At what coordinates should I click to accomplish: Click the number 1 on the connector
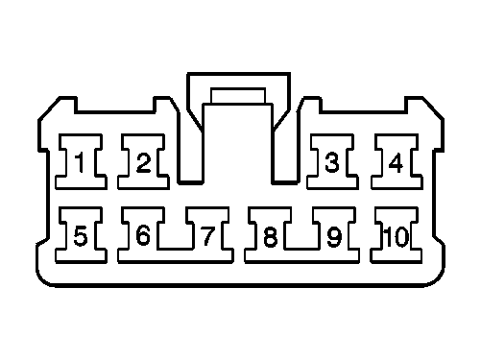[80, 163]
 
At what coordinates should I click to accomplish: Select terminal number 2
[143, 163]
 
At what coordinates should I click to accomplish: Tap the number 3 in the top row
[331, 163]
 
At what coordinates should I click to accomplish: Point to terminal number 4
[396, 163]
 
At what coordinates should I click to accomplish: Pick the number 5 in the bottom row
[80, 235]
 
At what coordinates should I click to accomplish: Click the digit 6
[143, 235]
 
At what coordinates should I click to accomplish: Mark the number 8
[270, 235]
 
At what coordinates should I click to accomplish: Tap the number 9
[333, 235]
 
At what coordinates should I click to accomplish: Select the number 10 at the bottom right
[395, 235]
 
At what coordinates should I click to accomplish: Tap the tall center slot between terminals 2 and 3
[239, 144]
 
